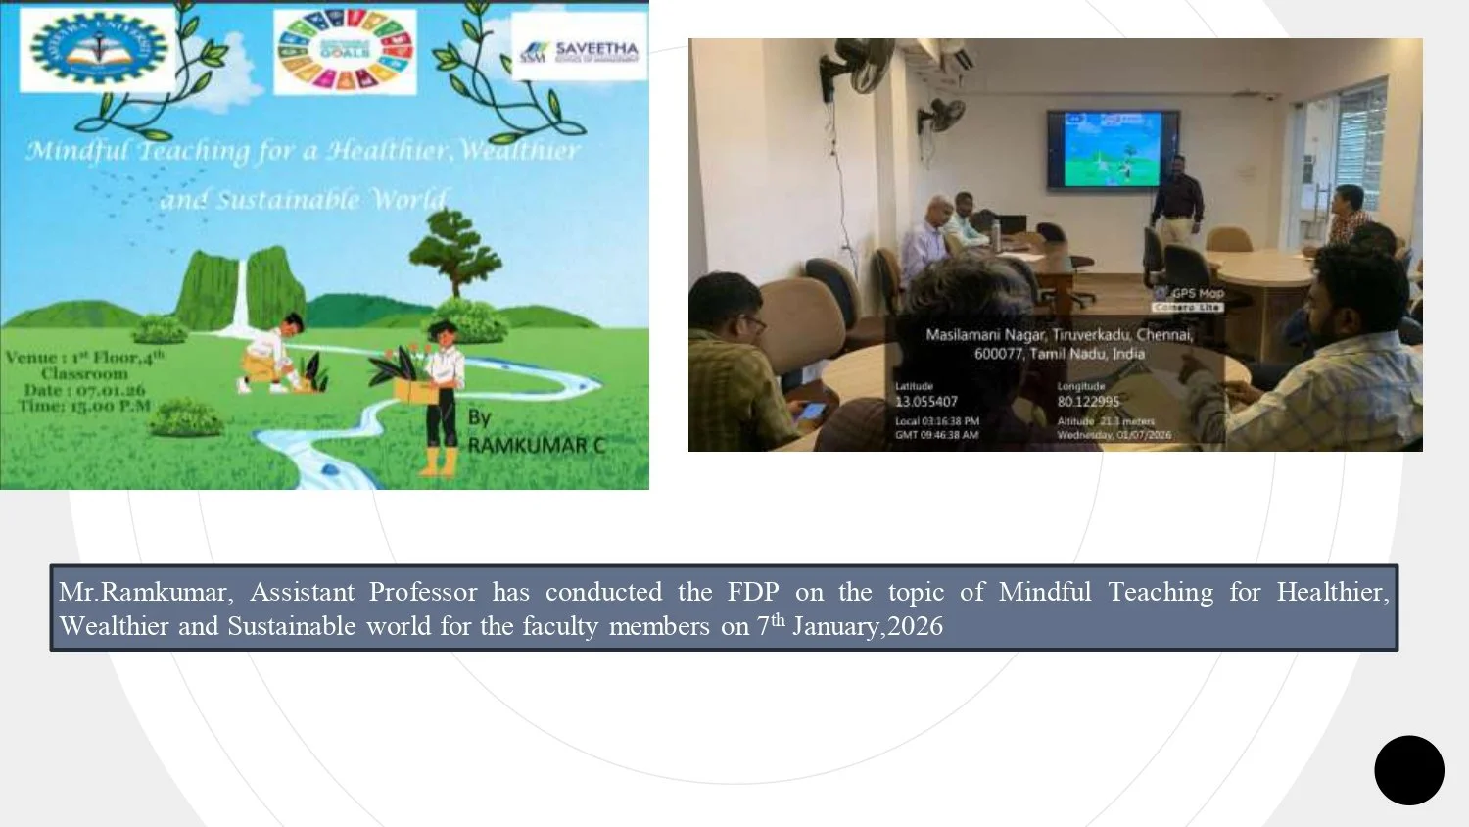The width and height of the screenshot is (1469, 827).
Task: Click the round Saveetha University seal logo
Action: [x=99, y=48]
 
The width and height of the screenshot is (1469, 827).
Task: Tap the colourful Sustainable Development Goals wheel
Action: [x=345, y=51]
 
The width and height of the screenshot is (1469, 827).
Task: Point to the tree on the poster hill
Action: [x=454, y=251]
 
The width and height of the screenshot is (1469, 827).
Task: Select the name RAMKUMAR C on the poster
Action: [x=536, y=446]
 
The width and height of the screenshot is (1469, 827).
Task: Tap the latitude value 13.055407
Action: [x=925, y=402]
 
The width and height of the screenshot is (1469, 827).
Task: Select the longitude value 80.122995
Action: [x=1088, y=402]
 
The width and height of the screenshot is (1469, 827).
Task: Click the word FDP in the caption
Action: [x=753, y=592]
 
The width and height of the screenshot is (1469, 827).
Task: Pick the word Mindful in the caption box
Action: [x=1044, y=592]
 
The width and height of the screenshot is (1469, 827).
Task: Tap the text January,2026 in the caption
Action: [x=868, y=626]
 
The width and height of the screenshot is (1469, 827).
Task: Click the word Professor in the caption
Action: [x=423, y=592]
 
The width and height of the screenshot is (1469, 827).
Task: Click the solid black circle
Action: [x=1408, y=770]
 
